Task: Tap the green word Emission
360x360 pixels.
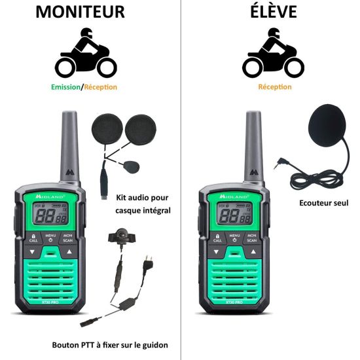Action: (65, 87)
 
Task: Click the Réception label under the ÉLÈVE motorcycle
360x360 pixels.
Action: (275, 87)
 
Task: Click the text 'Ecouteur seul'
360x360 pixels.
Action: (323, 203)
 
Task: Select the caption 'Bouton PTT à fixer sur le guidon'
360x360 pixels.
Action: (110, 345)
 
